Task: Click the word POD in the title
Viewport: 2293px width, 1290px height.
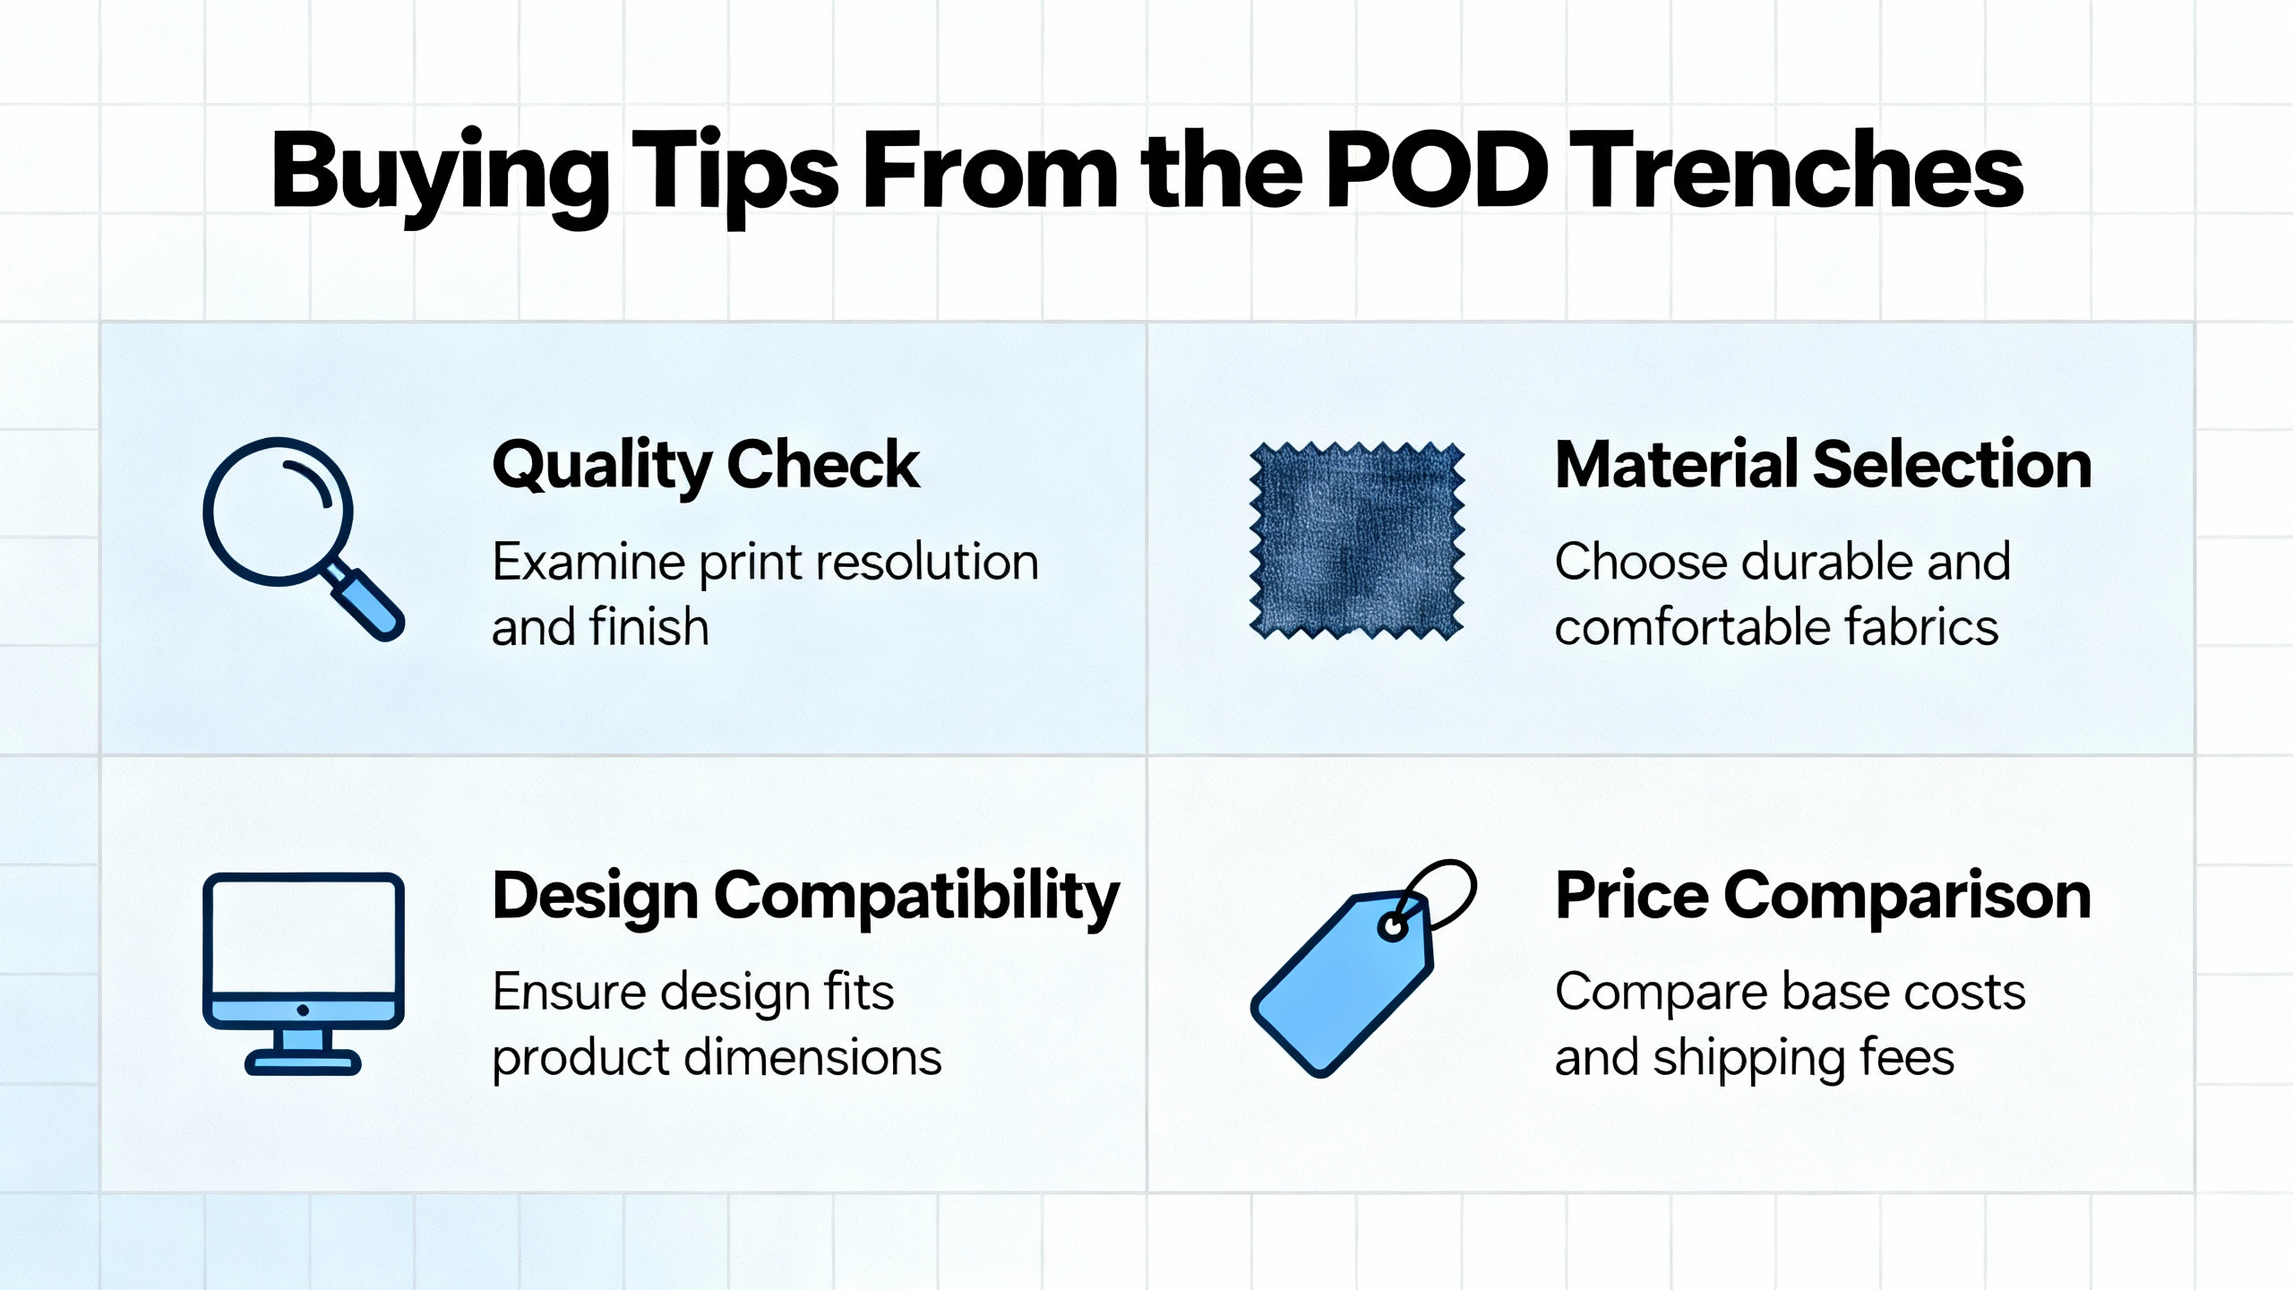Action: tap(1438, 169)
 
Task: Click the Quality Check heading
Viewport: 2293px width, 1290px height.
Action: tap(706, 466)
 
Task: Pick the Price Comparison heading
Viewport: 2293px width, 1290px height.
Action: tap(1823, 897)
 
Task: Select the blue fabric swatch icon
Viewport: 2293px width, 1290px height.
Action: tap(1356, 540)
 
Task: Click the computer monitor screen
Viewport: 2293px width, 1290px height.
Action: tap(304, 936)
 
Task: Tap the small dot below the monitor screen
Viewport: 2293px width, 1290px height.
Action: tap(303, 1010)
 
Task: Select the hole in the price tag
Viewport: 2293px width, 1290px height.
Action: tap(1393, 927)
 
